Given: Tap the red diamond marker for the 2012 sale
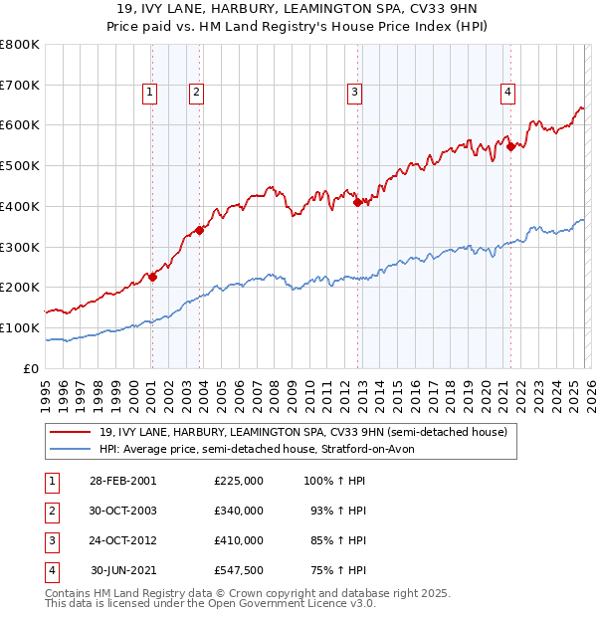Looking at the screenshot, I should click(356, 202).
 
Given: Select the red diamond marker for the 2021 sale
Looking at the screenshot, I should click(510, 146).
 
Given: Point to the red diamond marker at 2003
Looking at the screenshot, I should click(199, 230).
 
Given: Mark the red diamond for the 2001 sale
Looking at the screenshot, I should click(152, 277).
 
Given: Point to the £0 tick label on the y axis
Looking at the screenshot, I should click(32, 368).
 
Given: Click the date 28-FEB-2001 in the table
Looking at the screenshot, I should click(122, 481).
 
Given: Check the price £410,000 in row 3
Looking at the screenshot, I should click(239, 540).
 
